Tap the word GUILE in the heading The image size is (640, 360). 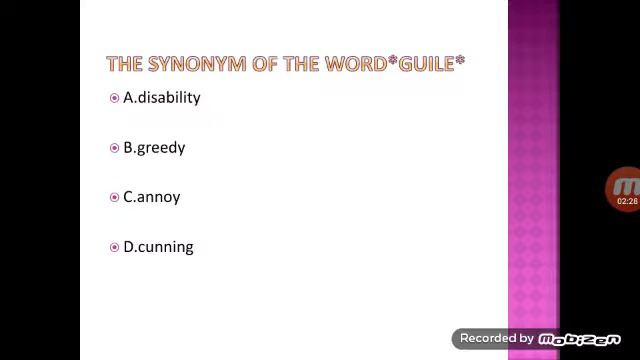[427, 64]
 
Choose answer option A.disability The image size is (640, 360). [161, 97]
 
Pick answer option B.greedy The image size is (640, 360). [154, 147]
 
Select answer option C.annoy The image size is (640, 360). [151, 197]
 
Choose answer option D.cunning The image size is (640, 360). [158, 247]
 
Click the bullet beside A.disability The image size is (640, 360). [114, 98]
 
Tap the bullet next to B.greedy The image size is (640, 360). [114, 148]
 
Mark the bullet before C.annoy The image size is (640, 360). [114, 197]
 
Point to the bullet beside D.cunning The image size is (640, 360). [114, 247]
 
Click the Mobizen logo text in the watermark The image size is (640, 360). [579, 340]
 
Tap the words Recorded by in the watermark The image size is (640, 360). [496, 339]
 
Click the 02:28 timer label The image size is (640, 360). [627, 202]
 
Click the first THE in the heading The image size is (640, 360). [124, 64]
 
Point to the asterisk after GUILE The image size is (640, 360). [460, 61]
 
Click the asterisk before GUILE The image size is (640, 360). [393, 61]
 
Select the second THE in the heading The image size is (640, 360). [300, 64]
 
